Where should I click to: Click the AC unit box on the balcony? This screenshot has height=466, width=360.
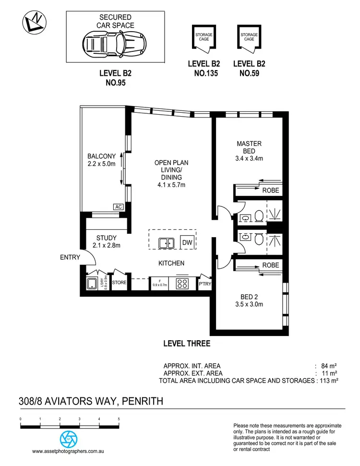point(118,207)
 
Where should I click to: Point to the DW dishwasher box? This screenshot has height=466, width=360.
point(187,243)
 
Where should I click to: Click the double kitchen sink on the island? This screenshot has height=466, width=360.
point(167,243)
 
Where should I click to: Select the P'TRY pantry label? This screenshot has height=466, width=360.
point(205,284)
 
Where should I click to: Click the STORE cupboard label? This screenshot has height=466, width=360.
point(119,283)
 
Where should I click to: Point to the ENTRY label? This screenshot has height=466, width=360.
point(70,257)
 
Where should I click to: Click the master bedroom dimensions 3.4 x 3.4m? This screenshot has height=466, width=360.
point(249,158)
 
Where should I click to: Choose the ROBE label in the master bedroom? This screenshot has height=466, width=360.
point(270,191)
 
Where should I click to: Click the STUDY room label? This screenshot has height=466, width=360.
point(106,238)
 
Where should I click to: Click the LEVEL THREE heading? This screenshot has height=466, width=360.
point(187,344)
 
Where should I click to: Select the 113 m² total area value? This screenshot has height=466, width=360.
point(329,381)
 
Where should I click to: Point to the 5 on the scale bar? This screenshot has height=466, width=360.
point(119,419)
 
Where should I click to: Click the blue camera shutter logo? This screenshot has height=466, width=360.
point(68,439)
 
